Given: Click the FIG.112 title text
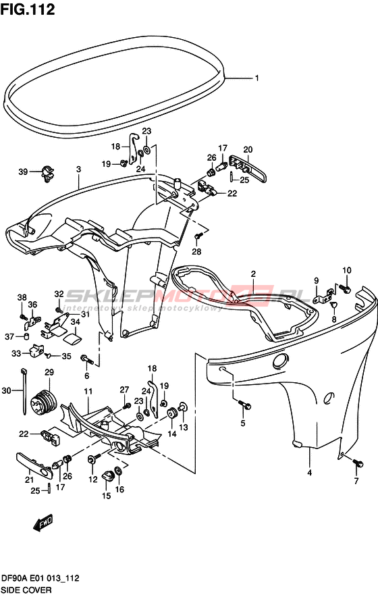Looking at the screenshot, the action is [x=28, y=9].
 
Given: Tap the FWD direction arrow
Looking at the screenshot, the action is [x=43, y=523].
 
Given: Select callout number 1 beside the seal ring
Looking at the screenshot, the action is [x=257, y=78].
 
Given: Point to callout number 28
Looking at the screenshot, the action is [x=196, y=252].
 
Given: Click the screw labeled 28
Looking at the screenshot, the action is [x=197, y=236].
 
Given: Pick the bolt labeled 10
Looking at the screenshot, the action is [x=346, y=289].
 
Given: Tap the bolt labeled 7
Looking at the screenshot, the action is [x=358, y=463].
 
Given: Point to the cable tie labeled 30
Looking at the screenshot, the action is [x=24, y=391].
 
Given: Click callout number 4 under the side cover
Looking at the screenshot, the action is [x=309, y=473].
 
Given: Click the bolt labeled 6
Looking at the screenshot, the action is [x=87, y=359].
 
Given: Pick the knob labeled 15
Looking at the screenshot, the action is [x=107, y=475].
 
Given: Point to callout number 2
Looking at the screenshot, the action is [x=253, y=274].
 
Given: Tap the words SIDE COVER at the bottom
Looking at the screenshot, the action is [x=26, y=590].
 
